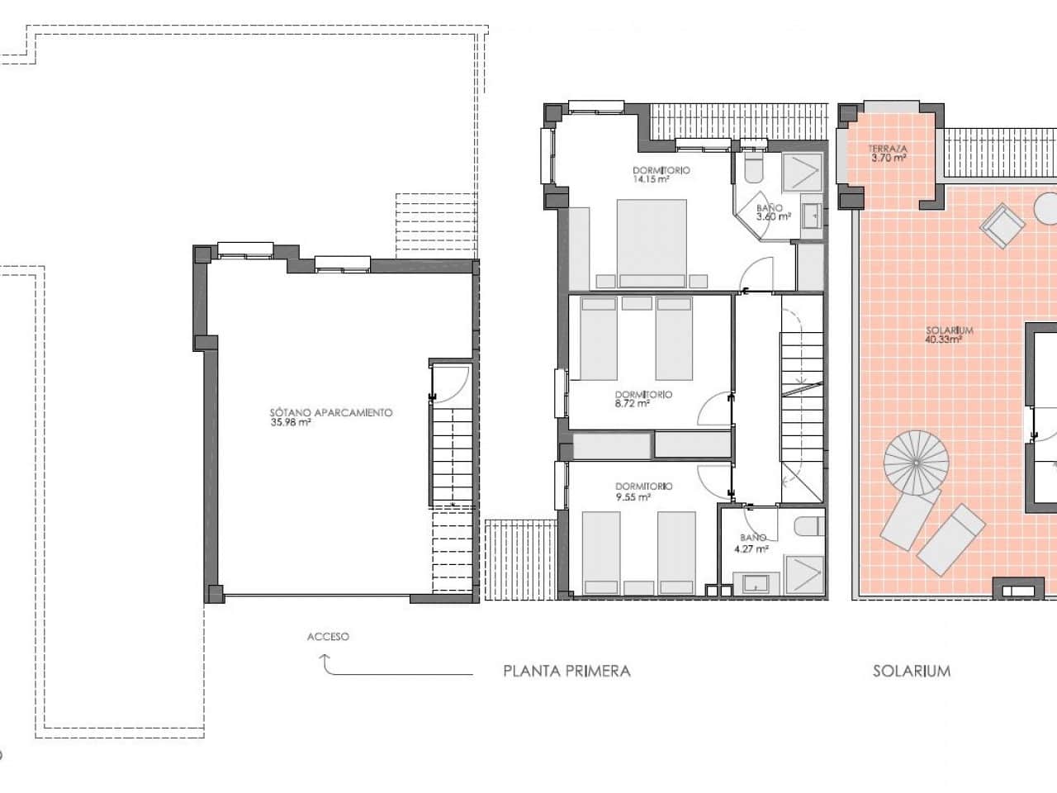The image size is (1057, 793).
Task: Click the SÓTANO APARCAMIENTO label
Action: click(330, 412)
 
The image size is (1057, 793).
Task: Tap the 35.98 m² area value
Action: click(290, 423)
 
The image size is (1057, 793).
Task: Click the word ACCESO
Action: click(328, 637)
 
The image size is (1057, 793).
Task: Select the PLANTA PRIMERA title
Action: click(566, 671)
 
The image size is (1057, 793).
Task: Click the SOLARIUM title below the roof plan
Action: click(911, 671)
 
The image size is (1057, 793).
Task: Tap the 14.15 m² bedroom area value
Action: click(650, 179)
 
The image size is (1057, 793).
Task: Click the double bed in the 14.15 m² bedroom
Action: click(652, 243)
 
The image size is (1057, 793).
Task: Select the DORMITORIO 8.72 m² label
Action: click(643, 400)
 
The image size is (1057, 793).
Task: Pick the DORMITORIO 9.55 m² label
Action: click(643, 492)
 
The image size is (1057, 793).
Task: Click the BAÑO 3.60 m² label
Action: click(774, 213)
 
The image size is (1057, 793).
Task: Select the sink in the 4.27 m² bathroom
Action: click(756, 583)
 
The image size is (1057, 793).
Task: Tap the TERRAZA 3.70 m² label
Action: click(887, 153)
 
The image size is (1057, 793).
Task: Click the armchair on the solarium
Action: click(1001, 226)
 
